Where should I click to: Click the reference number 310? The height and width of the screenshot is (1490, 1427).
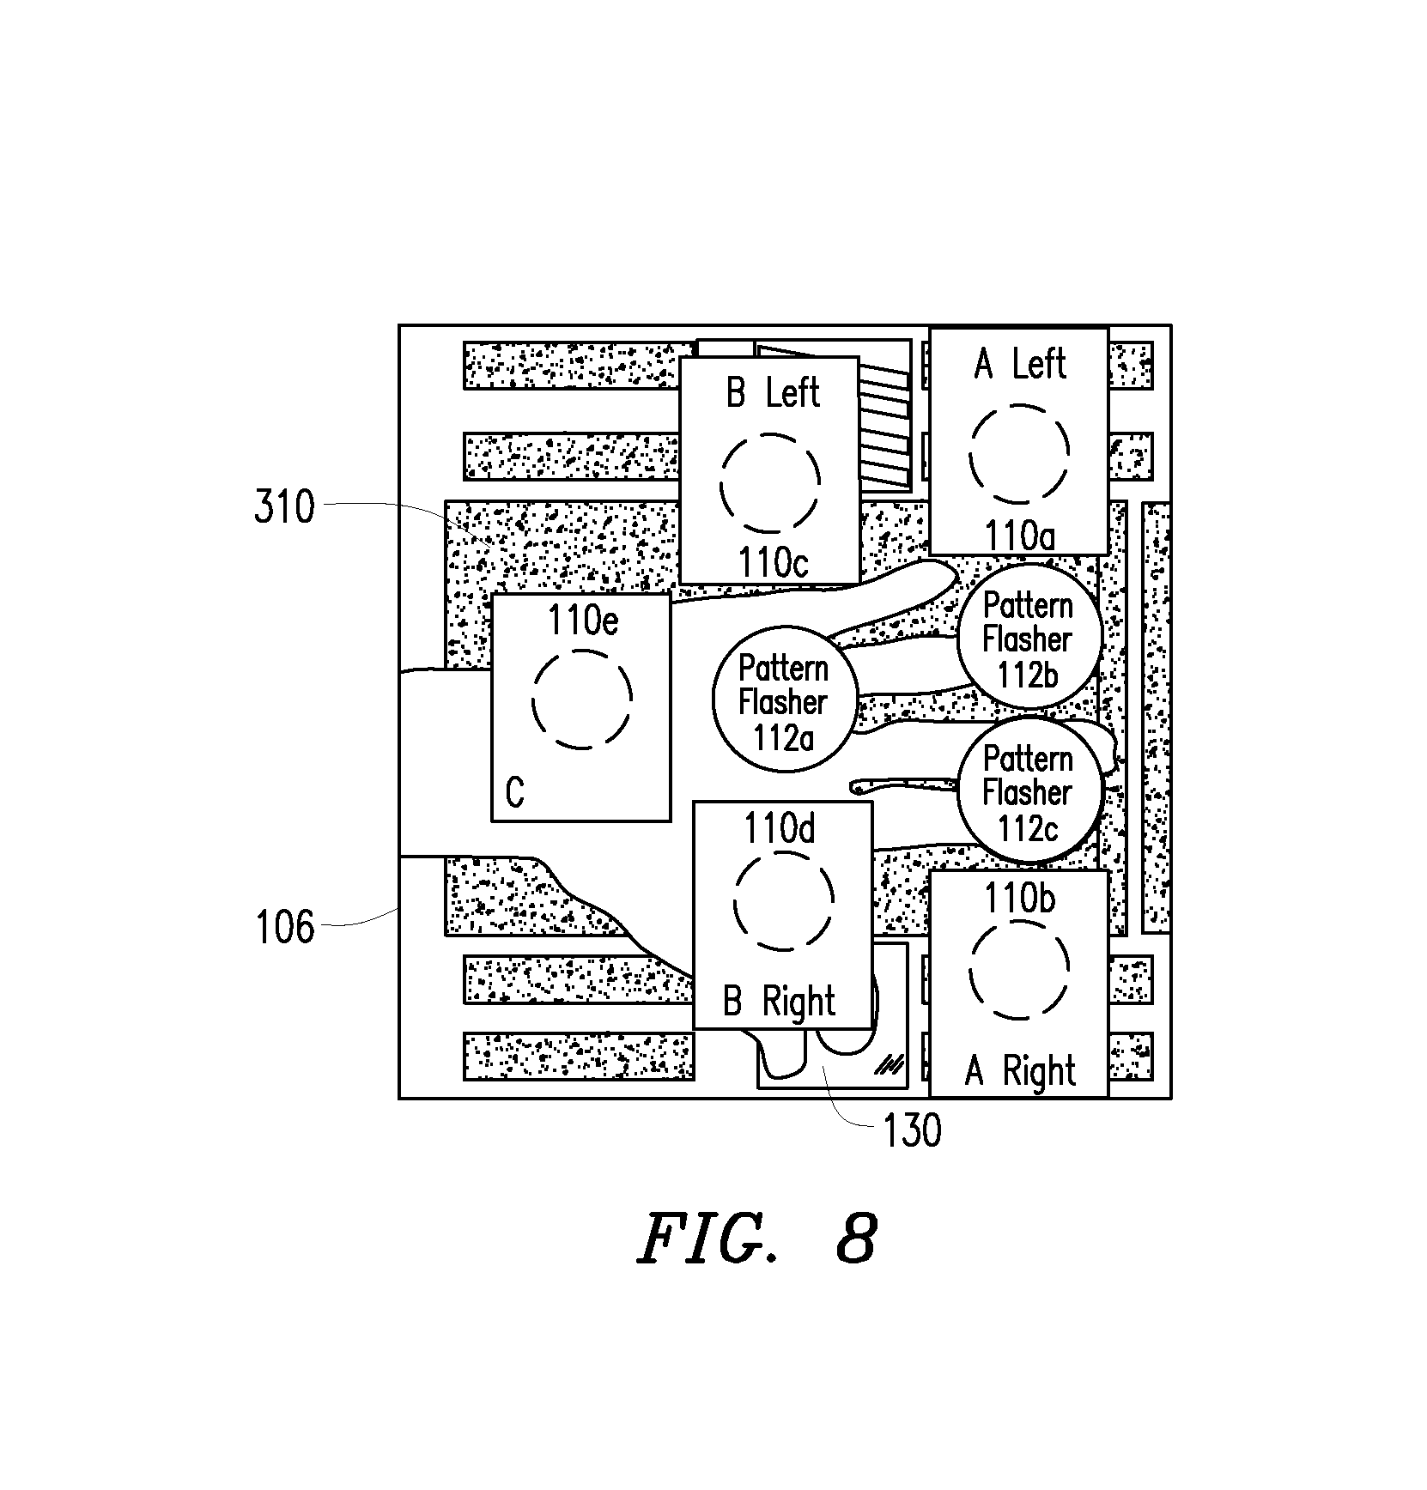click(x=284, y=507)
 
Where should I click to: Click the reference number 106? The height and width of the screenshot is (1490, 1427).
click(x=284, y=928)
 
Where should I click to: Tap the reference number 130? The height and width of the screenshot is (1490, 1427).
click(x=911, y=1131)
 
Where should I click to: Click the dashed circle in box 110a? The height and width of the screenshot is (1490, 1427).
click(x=1020, y=405)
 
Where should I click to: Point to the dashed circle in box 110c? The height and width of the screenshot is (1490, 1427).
click(x=770, y=433)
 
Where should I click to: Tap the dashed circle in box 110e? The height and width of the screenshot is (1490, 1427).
click(x=583, y=651)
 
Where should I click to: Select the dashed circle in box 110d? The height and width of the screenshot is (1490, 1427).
click(x=783, y=852)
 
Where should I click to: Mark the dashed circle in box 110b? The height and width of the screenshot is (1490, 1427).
click(x=1020, y=920)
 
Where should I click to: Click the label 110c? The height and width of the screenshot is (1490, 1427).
click(x=774, y=563)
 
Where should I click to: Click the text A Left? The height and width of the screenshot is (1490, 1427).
click(x=1020, y=364)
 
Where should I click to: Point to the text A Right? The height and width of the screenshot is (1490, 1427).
click(x=1020, y=1071)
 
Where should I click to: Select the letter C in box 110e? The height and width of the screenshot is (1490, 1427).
click(x=515, y=793)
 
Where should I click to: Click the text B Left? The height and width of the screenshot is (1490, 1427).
click(x=773, y=393)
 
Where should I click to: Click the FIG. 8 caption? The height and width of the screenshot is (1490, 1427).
click(x=756, y=1239)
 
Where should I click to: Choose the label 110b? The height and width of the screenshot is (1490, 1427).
click(x=1020, y=899)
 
